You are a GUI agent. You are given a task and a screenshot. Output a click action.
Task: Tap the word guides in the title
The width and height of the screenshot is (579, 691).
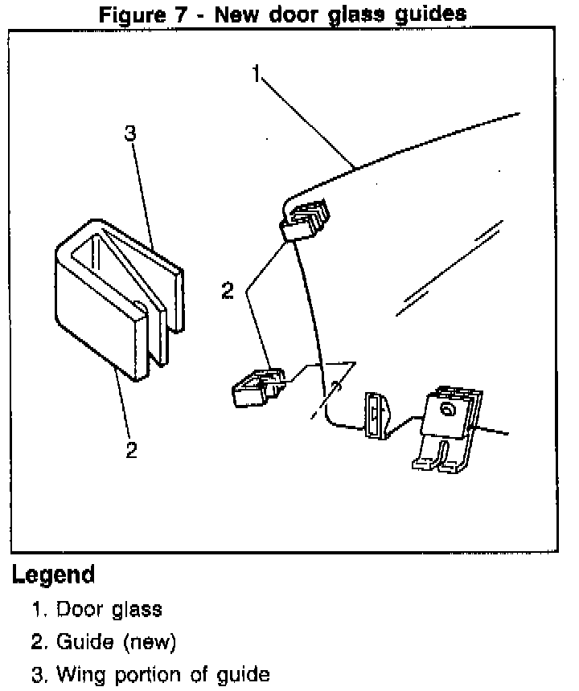tap(427, 14)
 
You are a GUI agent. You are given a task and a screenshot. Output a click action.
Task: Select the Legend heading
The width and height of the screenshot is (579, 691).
tap(53, 575)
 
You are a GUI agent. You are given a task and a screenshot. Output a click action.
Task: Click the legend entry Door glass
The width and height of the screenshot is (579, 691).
tap(109, 609)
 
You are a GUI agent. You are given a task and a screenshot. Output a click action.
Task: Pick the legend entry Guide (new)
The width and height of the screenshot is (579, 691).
tap(114, 642)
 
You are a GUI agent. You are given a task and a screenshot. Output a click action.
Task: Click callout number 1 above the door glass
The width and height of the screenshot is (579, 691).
tap(257, 76)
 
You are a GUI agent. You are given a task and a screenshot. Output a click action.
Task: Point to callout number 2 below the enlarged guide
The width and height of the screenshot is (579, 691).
tap(131, 449)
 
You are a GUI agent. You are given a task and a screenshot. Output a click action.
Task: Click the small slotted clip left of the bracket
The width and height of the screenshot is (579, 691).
tap(376, 414)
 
